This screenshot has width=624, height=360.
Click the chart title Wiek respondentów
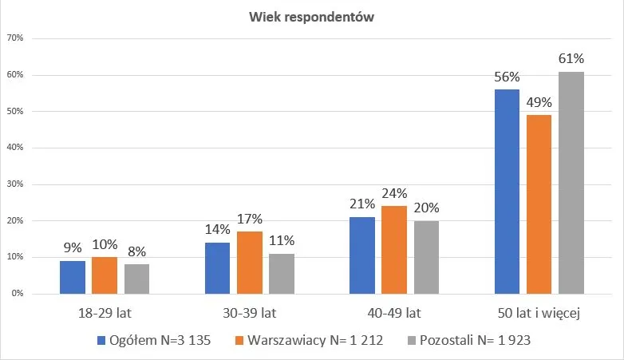click(x=311, y=18)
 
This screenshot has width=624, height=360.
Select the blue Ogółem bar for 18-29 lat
click(x=72, y=277)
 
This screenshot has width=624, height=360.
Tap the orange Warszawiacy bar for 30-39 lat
click(x=249, y=263)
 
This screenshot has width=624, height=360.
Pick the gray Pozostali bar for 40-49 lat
click(x=426, y=257)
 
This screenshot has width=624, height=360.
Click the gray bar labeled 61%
click(x=571, y=183)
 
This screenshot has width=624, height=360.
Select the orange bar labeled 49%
click(x=539, y=204)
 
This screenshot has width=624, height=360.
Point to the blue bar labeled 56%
click(x=507, y=192)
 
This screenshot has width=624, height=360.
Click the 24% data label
click(x=394, y=193)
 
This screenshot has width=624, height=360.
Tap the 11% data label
click(x=281, y=240)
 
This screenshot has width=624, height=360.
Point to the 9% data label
click(x=72, y=247)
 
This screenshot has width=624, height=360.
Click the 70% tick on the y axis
click(x=15, y=38)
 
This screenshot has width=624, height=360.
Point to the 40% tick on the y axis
click(x=15, y=148)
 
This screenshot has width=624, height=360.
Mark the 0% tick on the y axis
click(x=18, y=294)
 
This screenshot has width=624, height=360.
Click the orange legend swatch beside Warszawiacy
click(x=239, y=341)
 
